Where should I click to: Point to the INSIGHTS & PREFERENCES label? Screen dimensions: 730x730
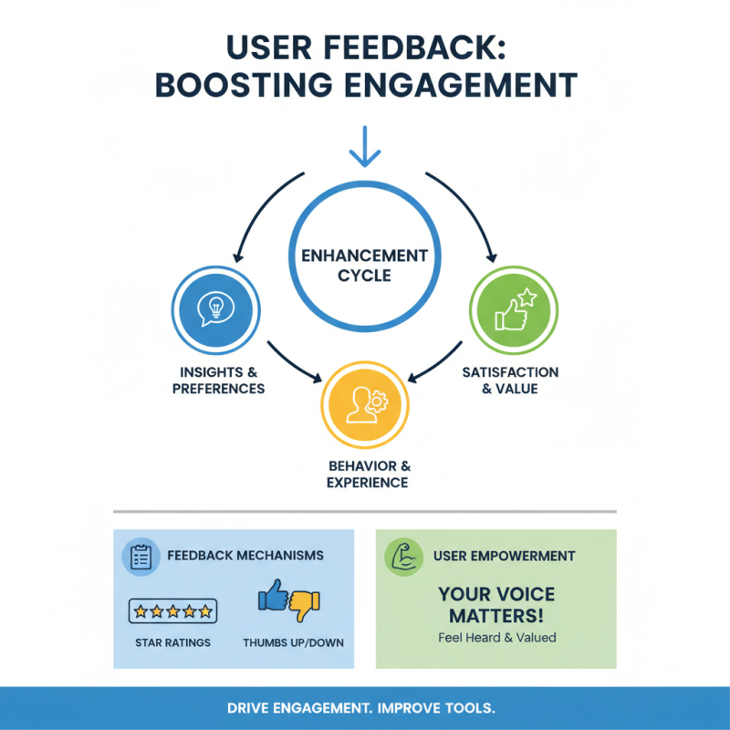click(x=218, y=381)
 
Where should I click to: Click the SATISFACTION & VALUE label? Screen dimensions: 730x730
click(x=511, y=381)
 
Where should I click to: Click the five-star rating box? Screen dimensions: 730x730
click(x=172, y=610)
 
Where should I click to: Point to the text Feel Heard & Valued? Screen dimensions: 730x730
click(x=496, y=637)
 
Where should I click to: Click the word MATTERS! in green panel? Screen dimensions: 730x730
click(x=495, y=615)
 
